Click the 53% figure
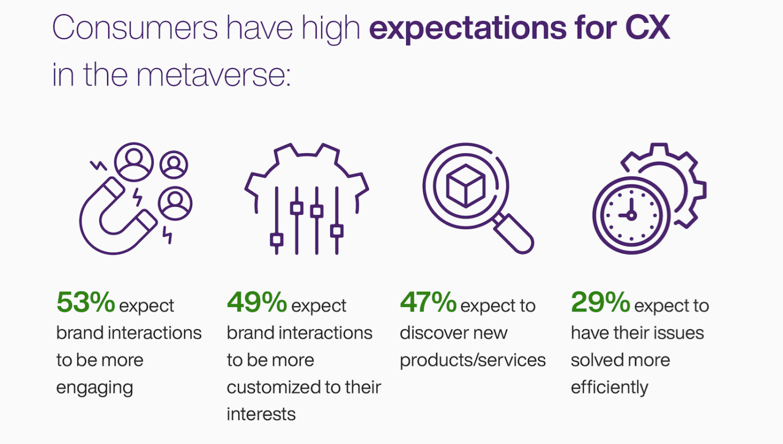(x=86, y=302)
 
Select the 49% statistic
(x=257, y=302)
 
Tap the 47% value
(x=428, y=302)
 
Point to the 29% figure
(x=600, y=302)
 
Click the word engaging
(x=95, y=388)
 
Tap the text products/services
(x=472, y=360)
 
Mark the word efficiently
(x=609, y=388)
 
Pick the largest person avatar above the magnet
(x=134, y=162)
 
